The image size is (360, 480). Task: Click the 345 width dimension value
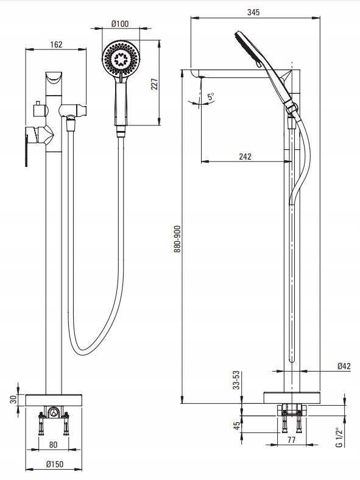[253, 12]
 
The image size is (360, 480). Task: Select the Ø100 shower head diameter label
[120, 24]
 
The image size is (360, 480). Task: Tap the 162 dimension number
[56, 44]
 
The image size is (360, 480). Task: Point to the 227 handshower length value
[155, 84]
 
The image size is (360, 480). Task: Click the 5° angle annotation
[211, 97]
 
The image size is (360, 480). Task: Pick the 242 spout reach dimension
[245, 157]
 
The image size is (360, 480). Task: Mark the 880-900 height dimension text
[177, 239]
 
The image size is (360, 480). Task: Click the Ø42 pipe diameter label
[344, 366]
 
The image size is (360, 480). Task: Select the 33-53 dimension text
[236, 380]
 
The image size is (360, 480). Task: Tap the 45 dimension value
[237, 426]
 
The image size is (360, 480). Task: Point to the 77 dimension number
[291, 440]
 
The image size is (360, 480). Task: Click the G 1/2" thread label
[339, 437]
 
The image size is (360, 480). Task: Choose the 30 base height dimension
[13, 400]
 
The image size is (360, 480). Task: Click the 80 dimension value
[53, 445]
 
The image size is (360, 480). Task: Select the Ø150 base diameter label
[55, 464]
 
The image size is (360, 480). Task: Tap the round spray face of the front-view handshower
[121, 58]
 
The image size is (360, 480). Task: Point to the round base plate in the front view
[54, 400]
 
